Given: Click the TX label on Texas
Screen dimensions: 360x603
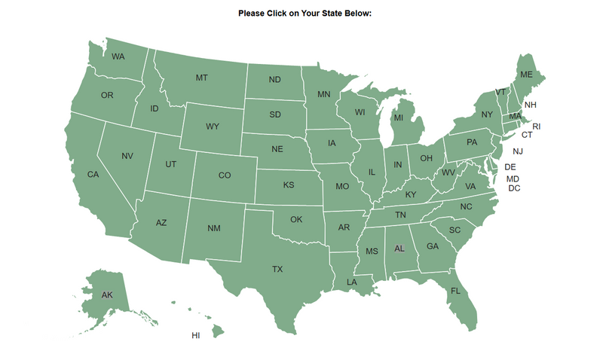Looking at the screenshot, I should [277, 269].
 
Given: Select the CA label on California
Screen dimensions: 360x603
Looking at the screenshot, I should [93, 175].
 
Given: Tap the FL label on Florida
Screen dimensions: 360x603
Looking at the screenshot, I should [455, 291].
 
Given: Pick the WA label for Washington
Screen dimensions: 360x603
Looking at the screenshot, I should [118, 56].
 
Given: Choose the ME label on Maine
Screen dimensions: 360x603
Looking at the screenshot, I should [526, 75].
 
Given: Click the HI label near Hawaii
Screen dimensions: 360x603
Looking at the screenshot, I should [196, 335].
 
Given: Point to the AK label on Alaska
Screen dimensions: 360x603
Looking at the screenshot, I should [107, 294].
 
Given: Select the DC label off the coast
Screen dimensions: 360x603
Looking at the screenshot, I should [514, 188].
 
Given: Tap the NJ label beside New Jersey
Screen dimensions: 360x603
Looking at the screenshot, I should [518, 151].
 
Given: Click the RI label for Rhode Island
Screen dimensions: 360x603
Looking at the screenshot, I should [537, 127].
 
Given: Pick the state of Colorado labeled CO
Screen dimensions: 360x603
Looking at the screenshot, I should [225, 175].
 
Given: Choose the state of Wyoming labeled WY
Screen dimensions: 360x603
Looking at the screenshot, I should [213, 126].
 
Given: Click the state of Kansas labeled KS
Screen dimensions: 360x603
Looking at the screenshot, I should [289, 185].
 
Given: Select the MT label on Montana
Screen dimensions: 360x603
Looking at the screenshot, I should [201, 78].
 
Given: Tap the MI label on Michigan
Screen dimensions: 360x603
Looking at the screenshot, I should [398, 117].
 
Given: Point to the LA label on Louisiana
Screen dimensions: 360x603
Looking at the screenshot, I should [351, 282].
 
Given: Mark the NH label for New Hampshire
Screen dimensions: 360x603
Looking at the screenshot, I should [531, 105].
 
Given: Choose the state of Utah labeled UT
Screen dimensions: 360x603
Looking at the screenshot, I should [171, 164].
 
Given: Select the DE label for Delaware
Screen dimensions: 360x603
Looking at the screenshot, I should [510, 166].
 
